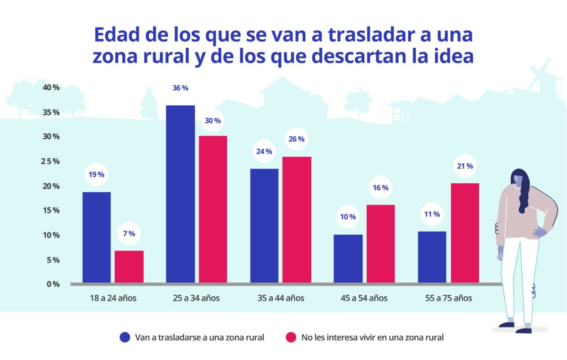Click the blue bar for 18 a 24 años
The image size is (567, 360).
tap(96, 237)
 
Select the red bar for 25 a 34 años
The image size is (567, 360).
tap(213, 209)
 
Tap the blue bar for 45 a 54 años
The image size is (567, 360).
tap(348, 258)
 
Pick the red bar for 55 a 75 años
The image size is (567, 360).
tap(464, 233)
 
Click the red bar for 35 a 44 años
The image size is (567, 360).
tap(297, 220)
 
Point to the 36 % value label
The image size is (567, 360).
tap(180, 88)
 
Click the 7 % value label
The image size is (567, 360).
tap(129, 233)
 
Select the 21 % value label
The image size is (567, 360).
tap(465, 166)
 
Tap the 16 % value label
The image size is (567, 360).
tap(380, 188)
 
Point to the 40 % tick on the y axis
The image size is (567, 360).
tap(51, 87)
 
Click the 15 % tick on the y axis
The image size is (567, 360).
tap(51, 210)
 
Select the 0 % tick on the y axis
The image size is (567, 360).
tap(53, 284)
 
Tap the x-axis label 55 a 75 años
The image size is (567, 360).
tap(449, 298)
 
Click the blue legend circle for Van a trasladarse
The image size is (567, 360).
tap(125, 337)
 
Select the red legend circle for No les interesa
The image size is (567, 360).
tap(291, 337)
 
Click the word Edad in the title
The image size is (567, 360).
tap(119, 35)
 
